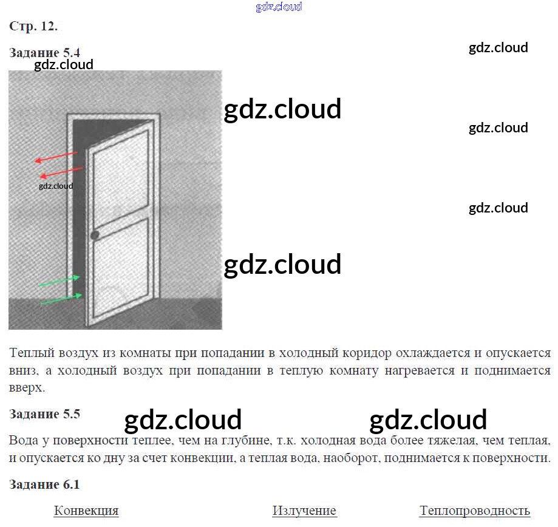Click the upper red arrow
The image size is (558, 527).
point(56,157)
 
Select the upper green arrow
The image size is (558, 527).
point(60,281)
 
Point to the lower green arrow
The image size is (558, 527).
point(61,299)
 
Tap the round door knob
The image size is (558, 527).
point(95,235)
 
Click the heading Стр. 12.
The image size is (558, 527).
point(33,27)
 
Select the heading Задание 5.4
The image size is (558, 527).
point(45,52)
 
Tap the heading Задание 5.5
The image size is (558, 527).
point(45,414)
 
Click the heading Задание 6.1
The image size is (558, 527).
point(45,484)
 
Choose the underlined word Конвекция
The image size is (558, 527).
point(86,511)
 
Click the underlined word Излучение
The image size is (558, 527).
point(304,511)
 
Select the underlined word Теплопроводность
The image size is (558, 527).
point(475,511)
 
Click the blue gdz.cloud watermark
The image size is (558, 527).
point(279,7)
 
